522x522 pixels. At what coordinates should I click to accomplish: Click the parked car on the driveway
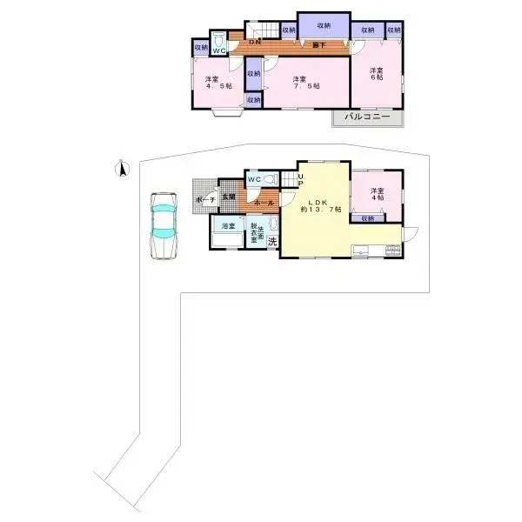[164, 224]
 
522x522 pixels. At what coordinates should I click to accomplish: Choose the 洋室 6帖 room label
[377, 75]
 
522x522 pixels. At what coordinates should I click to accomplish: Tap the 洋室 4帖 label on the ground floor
[377, 194]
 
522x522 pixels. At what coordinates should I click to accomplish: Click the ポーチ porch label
[205, 199]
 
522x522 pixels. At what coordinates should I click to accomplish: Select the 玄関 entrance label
[229, 197]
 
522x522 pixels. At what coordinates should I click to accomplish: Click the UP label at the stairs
[300, 180]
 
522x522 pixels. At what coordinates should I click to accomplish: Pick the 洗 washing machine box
[272, 241]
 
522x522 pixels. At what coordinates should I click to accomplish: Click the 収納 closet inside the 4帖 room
[368, 218]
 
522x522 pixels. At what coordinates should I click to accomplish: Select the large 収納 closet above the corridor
[323, 25]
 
